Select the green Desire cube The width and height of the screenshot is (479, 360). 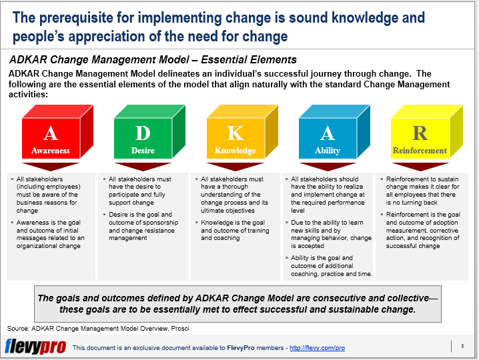coord(143,137)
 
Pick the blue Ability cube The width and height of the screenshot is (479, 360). coord(327,137)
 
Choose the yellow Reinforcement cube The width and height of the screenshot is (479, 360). coord(420,137)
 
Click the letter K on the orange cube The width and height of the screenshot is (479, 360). coord(235,133)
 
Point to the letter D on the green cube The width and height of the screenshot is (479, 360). coord(143,133)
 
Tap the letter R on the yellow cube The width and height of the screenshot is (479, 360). coord(420,132)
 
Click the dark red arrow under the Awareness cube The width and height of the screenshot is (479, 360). coord(51,167)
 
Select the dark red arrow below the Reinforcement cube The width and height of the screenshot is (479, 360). coord(420,167)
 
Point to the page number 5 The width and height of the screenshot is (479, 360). coord(462,345)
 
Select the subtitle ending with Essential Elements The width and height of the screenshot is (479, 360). coord(153,60)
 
